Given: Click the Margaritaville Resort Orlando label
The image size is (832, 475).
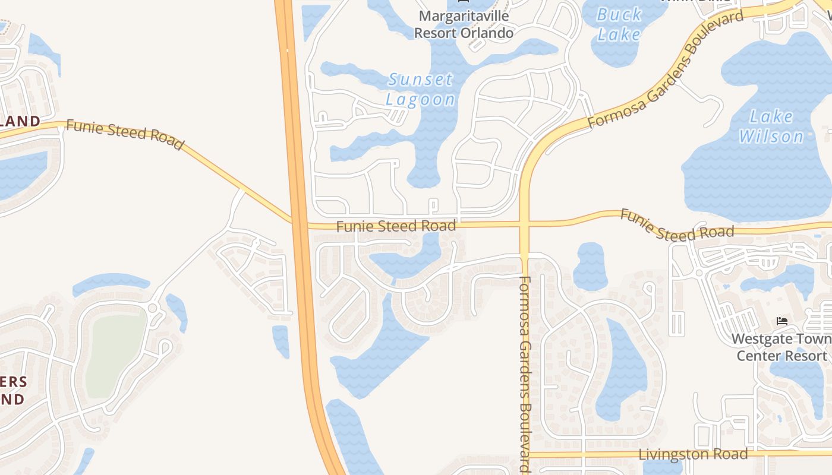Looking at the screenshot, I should tap(464, 24).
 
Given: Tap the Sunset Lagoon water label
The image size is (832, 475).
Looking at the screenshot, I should tap(420, 89).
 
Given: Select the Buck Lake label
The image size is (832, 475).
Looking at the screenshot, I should tap(619, 24).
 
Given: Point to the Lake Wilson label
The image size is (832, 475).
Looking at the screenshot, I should tap(771, 126).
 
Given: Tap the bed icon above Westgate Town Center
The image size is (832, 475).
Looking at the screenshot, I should tap(782, 321).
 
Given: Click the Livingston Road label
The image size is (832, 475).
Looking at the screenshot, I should tap(693, 455).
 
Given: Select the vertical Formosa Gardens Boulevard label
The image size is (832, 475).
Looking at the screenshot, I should tap(524, 374).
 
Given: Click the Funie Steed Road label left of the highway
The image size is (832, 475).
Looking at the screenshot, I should tap(124, 134).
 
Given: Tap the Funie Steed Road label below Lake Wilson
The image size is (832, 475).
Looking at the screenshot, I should tap(677, 224).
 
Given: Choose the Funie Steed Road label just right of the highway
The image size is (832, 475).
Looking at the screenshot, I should tap(396, 226).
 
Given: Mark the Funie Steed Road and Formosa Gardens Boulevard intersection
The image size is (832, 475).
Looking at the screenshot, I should tap(524, 224).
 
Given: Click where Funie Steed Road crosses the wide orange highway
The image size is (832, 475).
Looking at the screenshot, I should tap(300, 224).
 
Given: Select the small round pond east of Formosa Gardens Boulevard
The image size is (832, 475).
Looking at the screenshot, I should tap(590, 266).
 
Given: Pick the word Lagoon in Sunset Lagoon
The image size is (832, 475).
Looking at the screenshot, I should tap(420, 99).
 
